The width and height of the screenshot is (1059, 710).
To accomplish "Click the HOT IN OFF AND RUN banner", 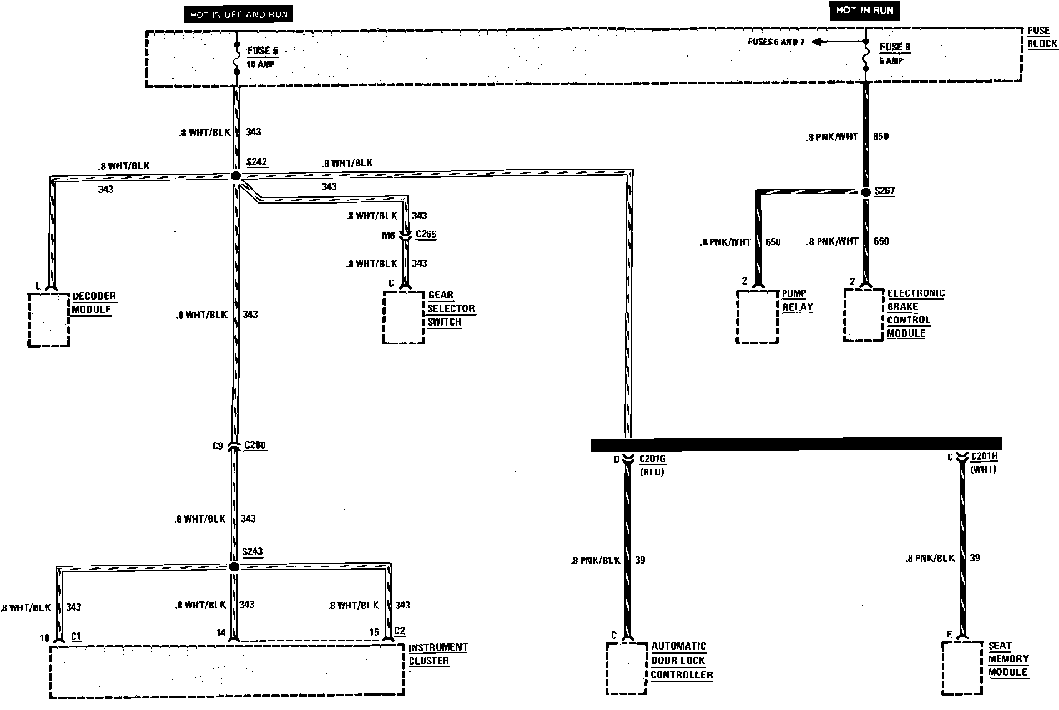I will [239, 14].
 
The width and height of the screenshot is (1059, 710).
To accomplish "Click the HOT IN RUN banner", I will [865, 11].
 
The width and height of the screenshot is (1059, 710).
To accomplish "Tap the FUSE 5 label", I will [263, 50].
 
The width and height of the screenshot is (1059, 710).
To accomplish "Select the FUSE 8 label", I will [895, 48].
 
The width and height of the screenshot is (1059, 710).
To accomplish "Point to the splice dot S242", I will [235, 176].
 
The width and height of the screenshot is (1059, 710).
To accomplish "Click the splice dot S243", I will [234, 566].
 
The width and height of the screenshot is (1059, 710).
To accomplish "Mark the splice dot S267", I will [865, 192].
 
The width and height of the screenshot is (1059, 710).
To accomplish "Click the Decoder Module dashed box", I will [49, 319].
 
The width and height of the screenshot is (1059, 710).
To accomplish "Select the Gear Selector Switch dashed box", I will [404, 317].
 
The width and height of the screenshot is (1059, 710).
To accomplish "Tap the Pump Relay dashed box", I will [757, 316].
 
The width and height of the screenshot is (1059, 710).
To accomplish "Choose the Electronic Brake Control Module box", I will [863, 315].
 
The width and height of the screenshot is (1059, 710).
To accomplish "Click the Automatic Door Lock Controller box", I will [627, 668].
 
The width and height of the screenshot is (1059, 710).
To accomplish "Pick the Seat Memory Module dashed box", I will [962, 668].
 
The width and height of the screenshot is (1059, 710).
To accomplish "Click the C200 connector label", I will [254, 445].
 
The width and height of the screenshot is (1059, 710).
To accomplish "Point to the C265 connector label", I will [426, 234].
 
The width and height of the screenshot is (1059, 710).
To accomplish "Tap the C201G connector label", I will [652, 459].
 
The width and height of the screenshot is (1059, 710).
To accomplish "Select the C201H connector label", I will [984, 457].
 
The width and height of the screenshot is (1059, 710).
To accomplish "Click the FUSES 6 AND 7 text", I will [775, 42].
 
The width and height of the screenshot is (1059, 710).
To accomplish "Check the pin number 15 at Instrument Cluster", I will [374, 632].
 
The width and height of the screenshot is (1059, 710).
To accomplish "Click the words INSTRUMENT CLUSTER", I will [438, 654].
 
